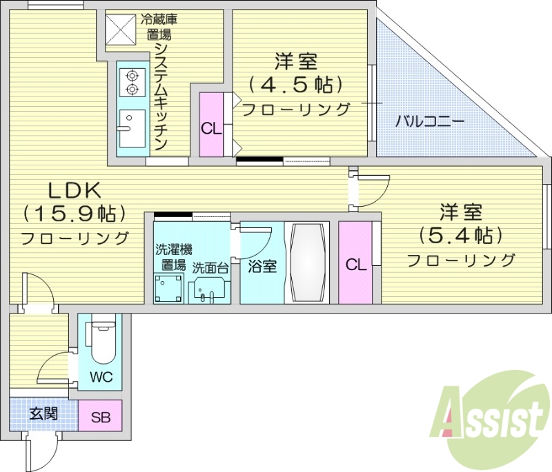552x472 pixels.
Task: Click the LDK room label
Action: [x=74, y=188]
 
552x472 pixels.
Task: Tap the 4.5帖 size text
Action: [x=295, y=85]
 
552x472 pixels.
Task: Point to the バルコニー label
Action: [x=430, y=122]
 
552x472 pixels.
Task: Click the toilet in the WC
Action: [x=101, y=340]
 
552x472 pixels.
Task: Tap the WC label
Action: [x=101, y=377]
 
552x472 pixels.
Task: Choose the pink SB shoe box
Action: [x=101, y=416]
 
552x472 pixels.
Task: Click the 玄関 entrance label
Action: [x=43, y=414]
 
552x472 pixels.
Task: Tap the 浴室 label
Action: [x=262, y=266]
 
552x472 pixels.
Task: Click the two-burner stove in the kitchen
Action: [x=130, y=82]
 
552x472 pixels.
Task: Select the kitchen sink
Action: [x=130, y=127]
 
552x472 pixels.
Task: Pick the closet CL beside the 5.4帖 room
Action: [x=355, y=264]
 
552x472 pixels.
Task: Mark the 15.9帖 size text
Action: [x=74, y=213]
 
